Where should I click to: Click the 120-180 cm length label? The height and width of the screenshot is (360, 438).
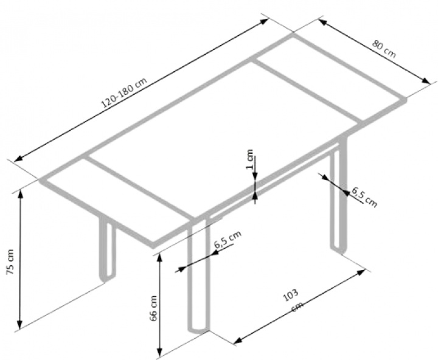123,92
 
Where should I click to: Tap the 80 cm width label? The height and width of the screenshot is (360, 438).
384,49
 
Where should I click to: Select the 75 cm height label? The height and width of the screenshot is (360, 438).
10,261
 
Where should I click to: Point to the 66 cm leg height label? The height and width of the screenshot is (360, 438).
154,308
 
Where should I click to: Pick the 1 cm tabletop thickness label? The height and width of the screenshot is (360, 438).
249,159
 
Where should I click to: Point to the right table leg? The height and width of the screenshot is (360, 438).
338,195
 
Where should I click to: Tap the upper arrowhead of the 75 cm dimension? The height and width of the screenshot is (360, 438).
20,195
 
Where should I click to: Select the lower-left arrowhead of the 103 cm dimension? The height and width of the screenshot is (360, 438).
238,339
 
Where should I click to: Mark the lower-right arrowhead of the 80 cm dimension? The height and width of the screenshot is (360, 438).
425,80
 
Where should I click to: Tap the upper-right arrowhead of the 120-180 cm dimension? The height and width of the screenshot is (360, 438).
264,21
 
